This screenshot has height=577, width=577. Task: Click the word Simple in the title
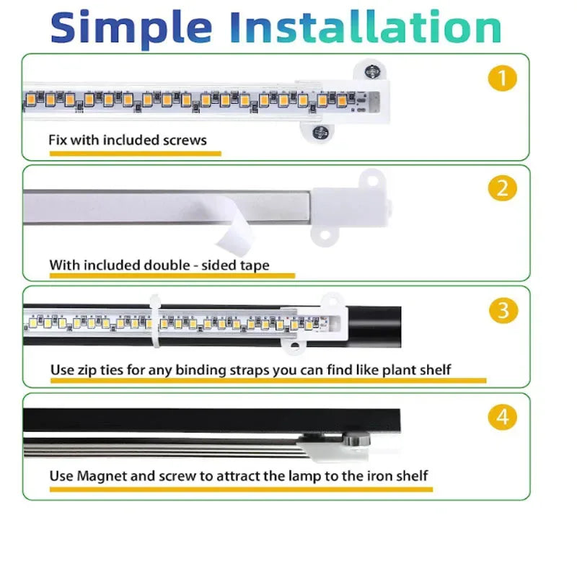131,29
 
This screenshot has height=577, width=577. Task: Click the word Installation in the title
366,27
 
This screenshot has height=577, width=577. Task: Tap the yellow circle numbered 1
502,78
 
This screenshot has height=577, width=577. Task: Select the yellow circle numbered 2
502,188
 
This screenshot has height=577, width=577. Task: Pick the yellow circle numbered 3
503,310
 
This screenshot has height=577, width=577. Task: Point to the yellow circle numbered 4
502,418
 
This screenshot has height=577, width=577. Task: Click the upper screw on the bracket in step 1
372,71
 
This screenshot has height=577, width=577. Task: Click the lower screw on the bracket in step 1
320,132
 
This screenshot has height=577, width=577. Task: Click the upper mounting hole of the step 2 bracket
371,181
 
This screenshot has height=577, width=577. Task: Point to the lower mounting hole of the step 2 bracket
324,235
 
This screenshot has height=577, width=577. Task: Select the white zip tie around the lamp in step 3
155,321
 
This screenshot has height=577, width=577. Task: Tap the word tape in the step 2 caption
255,265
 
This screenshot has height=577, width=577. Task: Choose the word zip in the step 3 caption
87,370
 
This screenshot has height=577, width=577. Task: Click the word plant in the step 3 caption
398,370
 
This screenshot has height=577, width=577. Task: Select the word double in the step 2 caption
167,265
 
